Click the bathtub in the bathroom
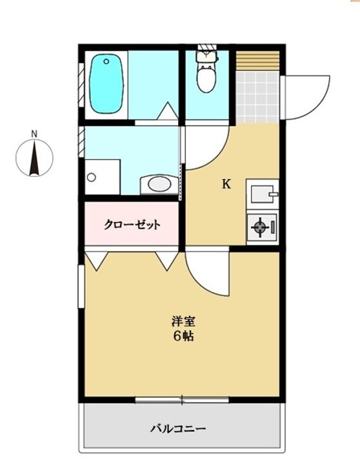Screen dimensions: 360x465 point(106,83)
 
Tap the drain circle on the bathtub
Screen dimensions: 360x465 point(106,62)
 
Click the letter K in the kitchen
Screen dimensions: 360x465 point(226,184)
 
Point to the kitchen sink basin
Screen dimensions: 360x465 point(263,194)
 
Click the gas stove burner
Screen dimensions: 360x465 point(260,227)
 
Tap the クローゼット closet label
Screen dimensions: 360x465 point(132,225)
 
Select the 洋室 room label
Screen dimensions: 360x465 point(183,321)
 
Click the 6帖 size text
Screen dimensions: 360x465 point(183,336)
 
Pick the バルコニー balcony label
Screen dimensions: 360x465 point(178,429)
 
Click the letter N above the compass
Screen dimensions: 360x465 point(34,134)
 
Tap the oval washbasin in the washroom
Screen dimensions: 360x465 point(160,184)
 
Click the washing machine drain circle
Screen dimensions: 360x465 point(92,178)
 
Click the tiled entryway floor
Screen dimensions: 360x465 point(257,97)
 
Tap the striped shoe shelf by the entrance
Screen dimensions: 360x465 point(257,61)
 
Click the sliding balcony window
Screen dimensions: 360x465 point(182,400)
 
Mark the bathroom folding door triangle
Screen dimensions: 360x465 point(167,111)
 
